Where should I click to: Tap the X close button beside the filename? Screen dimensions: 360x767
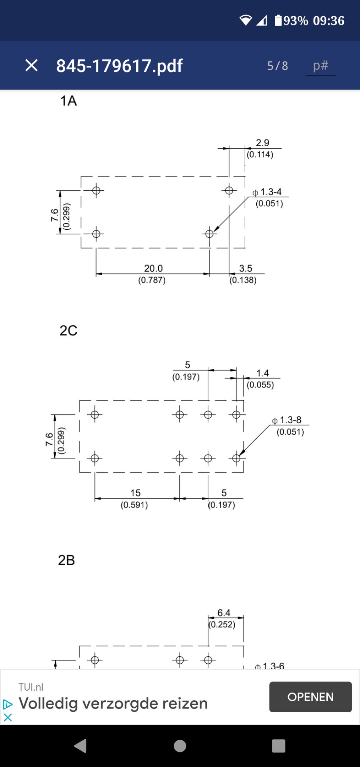(32, 65)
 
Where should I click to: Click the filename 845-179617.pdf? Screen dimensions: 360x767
(119, 66)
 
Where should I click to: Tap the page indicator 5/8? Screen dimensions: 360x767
(278, 66)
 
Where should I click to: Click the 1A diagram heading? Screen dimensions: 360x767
(69, 101)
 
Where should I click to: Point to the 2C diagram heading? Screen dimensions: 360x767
(69, 331)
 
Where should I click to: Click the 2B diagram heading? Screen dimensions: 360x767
(66, 560)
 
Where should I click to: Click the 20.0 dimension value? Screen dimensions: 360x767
(153, 268)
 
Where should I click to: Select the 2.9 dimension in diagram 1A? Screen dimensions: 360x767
(263, 143)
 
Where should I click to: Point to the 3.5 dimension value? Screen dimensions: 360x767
(246, 268)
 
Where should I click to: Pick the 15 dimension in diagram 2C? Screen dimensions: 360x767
(135, 493)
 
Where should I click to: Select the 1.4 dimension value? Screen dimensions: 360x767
(263, 373)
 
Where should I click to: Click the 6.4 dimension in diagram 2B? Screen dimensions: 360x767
(224, 613)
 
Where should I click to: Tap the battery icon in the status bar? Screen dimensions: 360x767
(278, 20)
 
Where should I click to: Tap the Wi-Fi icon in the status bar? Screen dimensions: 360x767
(245, 21)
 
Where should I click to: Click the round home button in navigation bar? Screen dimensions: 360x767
(180, 746)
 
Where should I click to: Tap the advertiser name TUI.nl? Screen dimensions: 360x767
(31, 687)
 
